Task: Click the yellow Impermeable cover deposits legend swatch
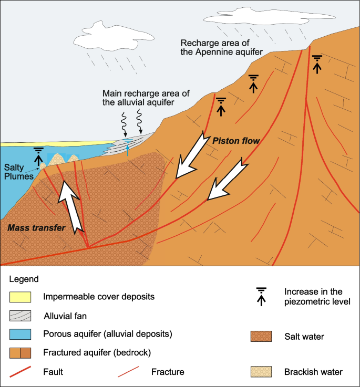pos(20,297)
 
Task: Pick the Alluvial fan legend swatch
pos(20,316)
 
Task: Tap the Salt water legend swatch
pos(261,336)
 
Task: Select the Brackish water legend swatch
pos(261,372)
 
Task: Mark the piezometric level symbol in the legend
pos(261,296)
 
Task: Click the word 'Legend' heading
pos(24,279)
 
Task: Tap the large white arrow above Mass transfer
pos(71,205)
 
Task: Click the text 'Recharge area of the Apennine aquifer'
pos(221,47)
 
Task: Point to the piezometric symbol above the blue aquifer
pos(38,155)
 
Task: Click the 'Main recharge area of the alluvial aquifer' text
pos(146,98)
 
